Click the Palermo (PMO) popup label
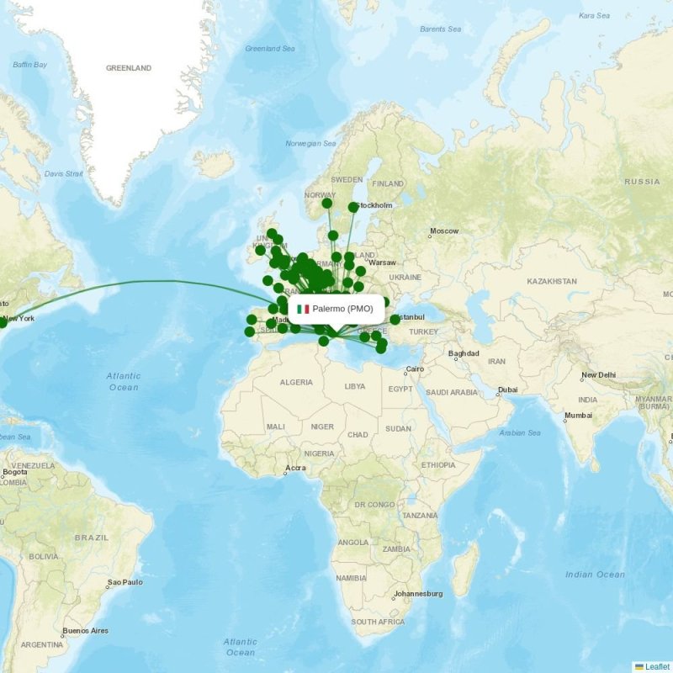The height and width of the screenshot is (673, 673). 342,309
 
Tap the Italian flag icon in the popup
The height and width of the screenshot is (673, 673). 303,309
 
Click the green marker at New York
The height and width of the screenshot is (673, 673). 3,322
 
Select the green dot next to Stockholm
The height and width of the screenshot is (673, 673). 352,207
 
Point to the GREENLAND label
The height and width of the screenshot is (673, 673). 129,68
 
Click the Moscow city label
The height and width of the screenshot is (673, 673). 444,231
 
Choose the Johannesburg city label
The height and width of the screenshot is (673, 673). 418,594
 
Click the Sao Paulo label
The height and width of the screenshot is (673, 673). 125,582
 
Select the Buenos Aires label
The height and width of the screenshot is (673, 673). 85,630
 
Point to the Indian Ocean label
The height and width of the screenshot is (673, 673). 595,575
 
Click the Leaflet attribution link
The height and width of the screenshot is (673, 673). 657,666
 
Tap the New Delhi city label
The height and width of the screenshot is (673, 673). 599,375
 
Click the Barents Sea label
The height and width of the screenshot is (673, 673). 441,29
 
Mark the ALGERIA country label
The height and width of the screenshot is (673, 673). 296,383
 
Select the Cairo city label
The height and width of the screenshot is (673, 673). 416,369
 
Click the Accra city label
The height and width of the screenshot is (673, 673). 295,469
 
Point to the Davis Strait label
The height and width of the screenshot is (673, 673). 64,174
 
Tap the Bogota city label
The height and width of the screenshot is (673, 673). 14,472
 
